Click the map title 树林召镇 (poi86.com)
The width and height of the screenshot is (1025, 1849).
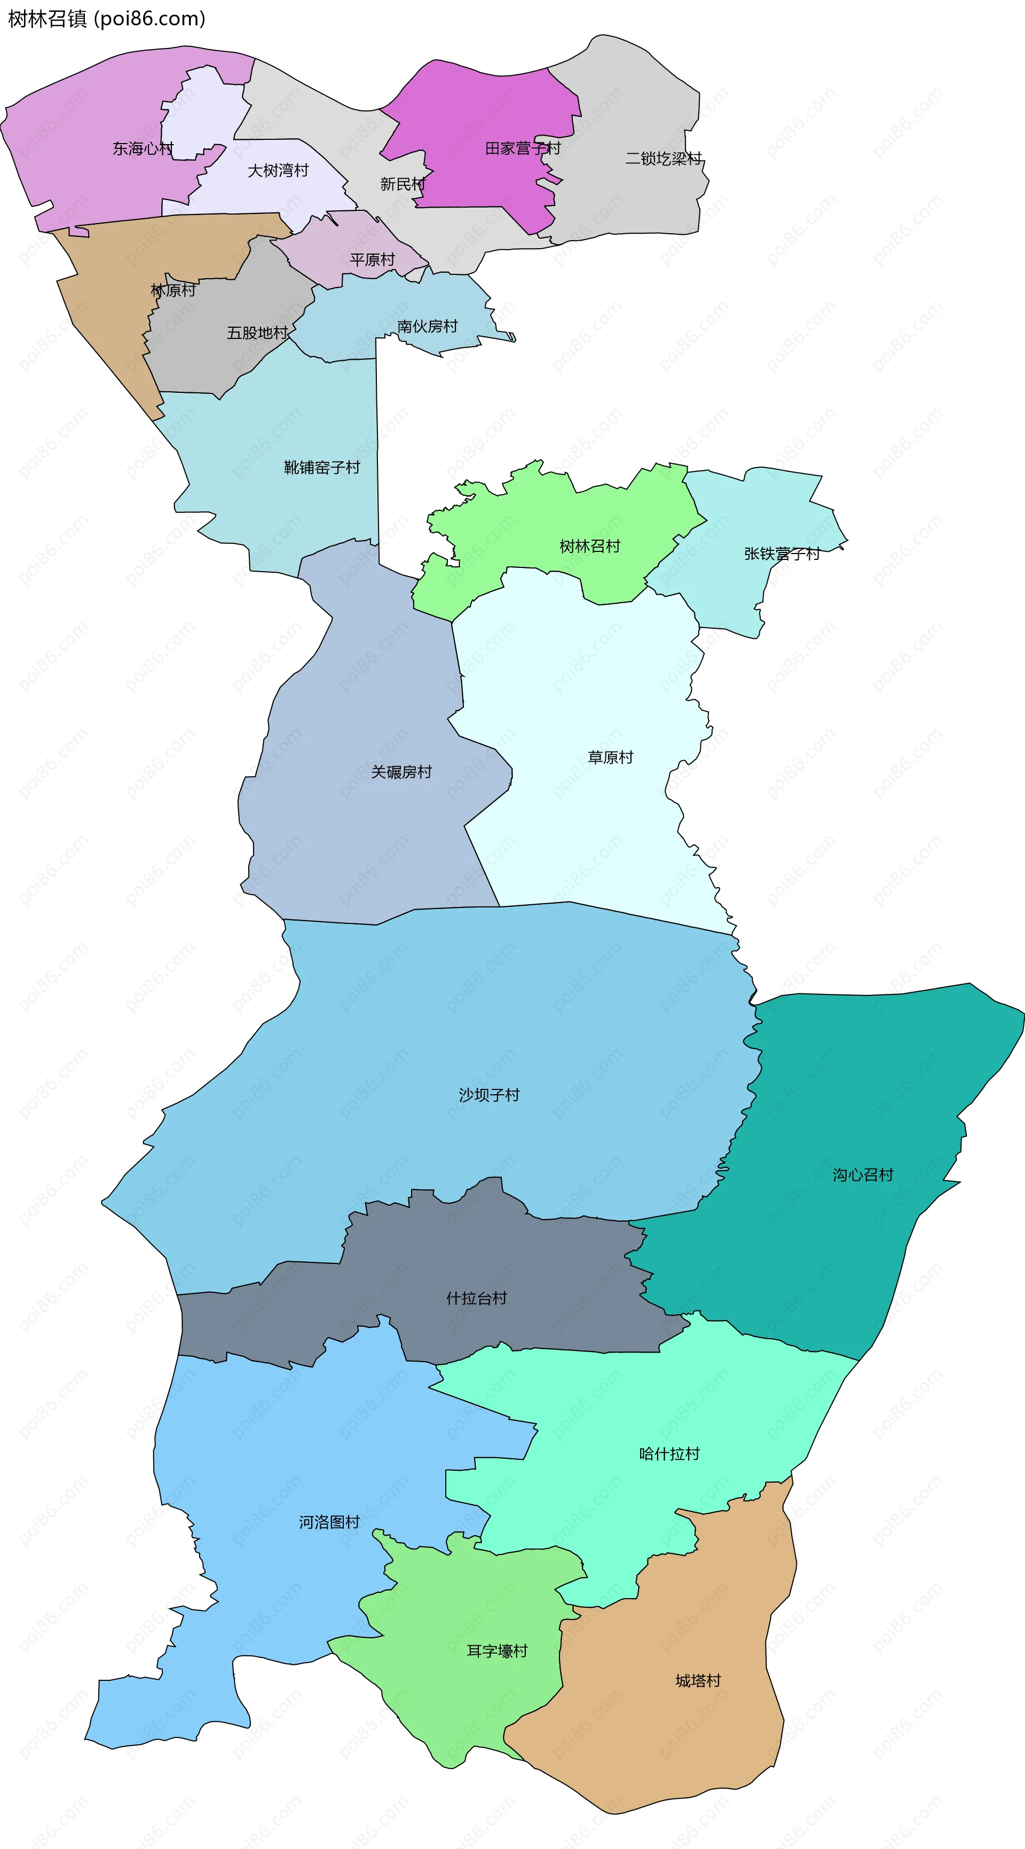click(106, 19)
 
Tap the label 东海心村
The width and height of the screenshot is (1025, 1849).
click(143, 148)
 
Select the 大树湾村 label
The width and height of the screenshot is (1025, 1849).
click(278, 170)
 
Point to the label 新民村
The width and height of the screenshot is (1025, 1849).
click(403, 185)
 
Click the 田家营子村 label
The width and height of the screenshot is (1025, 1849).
click(523, 148)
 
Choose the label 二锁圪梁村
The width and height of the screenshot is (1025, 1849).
click(663, 159)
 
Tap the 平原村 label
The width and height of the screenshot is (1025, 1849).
click(373, 260)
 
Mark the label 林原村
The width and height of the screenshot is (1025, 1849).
click(173, 290)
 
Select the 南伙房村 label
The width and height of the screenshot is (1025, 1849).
click(428, 327)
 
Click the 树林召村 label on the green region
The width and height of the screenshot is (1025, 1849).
click(590, 546)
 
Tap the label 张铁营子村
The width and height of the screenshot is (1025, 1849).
click(782, 554)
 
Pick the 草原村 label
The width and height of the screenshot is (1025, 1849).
click(611, 757)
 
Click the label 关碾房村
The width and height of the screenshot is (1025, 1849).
click(402, 772)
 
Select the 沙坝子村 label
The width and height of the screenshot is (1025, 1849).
click(490, 1095)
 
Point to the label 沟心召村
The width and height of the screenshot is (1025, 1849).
click(863, 1175)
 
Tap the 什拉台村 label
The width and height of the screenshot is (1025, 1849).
click(477, 1298)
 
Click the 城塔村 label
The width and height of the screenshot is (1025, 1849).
click(698, 1680)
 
